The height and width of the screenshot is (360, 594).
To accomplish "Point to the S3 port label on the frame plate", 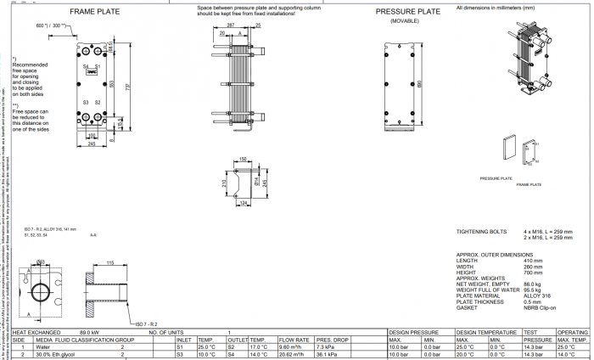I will pos(86,102).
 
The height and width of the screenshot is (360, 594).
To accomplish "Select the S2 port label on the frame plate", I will pos(98,102).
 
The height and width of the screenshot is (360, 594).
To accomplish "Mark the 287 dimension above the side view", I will pos(233,25).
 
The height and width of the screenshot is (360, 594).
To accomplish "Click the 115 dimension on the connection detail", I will pos(110,264).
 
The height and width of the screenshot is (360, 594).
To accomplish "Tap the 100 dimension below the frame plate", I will pos(92,135).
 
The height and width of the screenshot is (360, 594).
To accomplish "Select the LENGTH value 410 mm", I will pos(532,261).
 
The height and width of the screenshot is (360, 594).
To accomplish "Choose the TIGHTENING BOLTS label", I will pos(482,231).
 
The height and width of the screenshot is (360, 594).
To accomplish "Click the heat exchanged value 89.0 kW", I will pos(90,332).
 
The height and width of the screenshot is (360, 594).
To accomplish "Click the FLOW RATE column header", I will pos(291,340).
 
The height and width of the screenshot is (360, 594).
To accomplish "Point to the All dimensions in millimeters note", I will pos(495,7).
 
